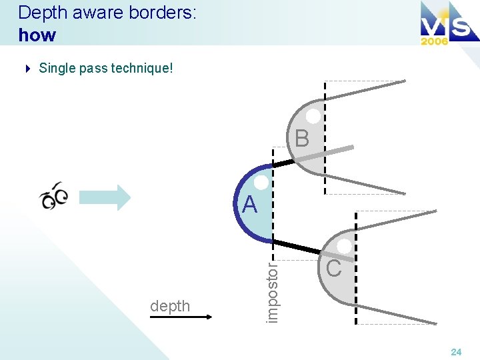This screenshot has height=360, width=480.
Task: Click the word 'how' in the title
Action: coord(37,35)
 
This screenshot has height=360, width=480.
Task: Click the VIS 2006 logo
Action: coord(444,24)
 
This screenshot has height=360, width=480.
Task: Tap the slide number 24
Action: coord(456,351)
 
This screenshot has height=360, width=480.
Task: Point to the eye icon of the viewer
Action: coord(54,195)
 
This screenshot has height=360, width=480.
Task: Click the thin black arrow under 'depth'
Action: coord(181,318)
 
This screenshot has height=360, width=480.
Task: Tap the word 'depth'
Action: coord(170,306)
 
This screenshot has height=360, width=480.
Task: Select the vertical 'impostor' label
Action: coord(271,291)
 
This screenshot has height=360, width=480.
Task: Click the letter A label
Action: coord(249,205)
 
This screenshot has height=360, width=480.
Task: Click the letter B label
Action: coord(302,139)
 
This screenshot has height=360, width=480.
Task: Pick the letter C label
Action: coord(334,268)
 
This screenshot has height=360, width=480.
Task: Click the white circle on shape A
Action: coord(261,182)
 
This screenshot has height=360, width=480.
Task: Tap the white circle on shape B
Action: coord(313,116)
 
